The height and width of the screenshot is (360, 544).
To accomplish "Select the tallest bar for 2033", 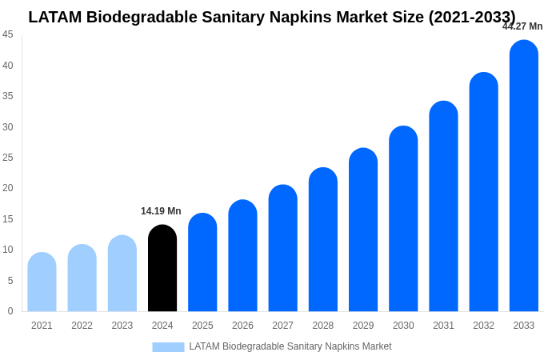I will [524, 176].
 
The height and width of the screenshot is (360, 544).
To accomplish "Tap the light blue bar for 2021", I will [42, 282].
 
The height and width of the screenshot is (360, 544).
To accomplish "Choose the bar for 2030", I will [403, 219].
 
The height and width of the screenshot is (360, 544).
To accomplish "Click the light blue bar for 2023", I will [122, 274].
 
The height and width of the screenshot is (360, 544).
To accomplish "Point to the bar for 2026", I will [242, 256].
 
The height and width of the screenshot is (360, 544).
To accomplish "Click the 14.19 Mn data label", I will [161, 211].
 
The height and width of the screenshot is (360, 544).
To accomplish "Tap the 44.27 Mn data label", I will [522, 26].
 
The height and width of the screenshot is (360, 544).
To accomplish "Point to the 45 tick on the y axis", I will [8, 34].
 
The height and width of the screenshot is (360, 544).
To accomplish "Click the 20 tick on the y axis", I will [8, 188].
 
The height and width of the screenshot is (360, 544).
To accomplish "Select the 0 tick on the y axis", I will [10, 311].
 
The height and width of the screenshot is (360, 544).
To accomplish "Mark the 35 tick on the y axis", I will [8, 96].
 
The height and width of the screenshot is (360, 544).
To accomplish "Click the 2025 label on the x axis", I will [202, 326].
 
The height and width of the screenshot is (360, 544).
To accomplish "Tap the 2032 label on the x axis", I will [483, 326].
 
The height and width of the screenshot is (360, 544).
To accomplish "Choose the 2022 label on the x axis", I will [82, 326].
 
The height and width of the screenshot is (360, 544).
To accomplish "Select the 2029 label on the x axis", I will [363, 326].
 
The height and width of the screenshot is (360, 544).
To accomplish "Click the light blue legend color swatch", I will [168, 347].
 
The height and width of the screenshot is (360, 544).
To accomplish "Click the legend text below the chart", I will [290, 346].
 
